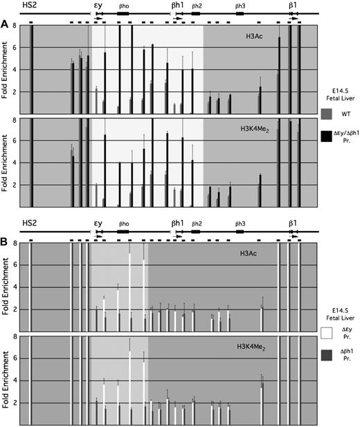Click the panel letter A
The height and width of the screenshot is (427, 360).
click(5, 23)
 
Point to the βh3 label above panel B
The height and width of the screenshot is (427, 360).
click(240, 224)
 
